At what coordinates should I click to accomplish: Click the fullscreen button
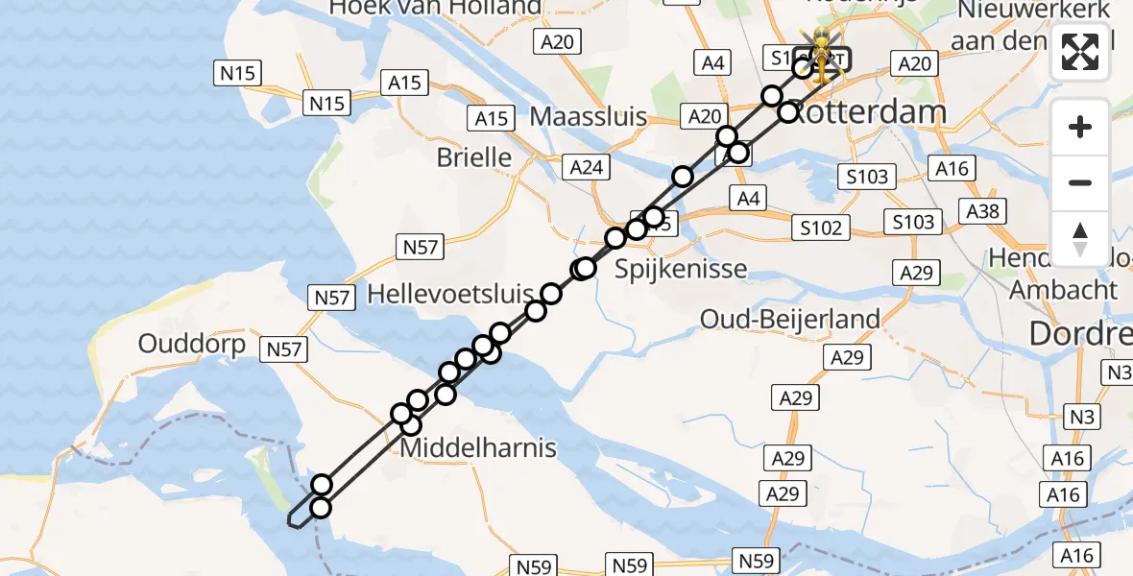[1080, 53]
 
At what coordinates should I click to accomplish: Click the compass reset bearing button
[1080, 239]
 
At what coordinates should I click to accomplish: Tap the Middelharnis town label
[478, 447]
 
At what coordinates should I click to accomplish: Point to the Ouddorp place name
[192, 344]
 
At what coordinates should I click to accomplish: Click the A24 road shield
[586, 167]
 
